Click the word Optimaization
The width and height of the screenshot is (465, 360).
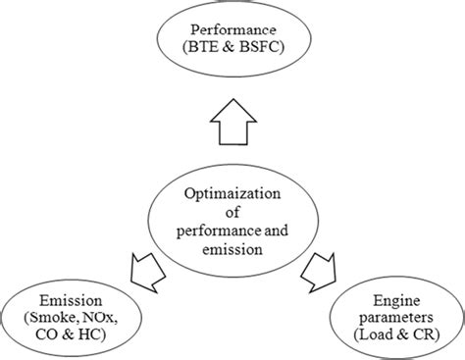(232, 192)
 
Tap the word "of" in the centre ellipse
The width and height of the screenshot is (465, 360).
(232, 211)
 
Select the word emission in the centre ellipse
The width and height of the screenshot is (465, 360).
(232, 248)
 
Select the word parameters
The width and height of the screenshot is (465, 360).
(396, 318)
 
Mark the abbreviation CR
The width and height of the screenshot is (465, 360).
(421, 336)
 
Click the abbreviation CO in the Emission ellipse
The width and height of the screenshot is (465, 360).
(45, 336)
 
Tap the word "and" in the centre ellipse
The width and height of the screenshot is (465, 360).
(282, 230)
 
